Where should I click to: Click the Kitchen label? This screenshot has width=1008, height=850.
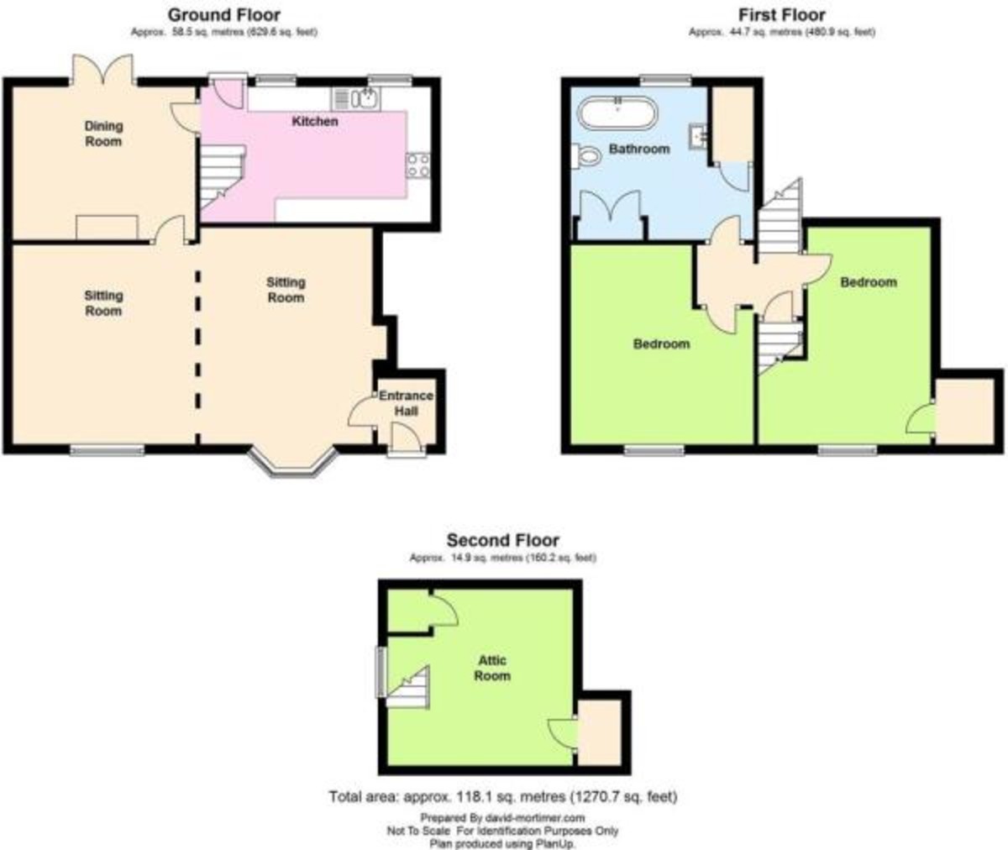[x=315, y=122]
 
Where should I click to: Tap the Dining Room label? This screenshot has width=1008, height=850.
[x=103, y=134]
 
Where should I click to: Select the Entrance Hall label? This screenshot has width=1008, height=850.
[x=406, y=403]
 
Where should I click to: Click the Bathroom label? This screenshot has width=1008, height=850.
[x=639, y=149]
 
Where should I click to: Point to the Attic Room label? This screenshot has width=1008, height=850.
[x=492, y=668]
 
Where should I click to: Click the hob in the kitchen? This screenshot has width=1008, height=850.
[x=418, y=165]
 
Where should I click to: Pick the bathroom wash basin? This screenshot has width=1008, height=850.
[x=698, y=135]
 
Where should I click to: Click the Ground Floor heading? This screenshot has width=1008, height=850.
[x=224, y=14]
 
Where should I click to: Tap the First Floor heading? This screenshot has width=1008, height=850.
[x=781, y=14]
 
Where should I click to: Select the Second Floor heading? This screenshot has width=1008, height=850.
[x=502, y=540]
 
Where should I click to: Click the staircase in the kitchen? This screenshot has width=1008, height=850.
[x=221, y=175]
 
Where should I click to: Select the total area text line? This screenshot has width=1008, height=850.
[x=502, y=796]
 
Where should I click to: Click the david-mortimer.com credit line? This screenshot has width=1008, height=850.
[x=502, y=817]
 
